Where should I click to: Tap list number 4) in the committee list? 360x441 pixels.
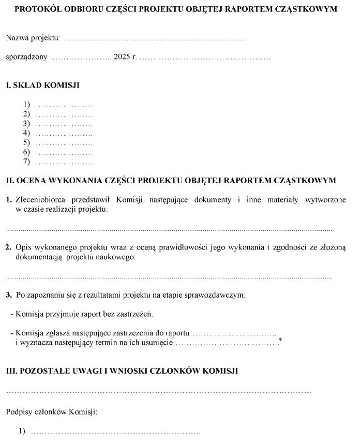tap(26, 133)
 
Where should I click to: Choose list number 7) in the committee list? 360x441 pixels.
tap(26, 162)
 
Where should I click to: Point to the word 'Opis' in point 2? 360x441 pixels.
tap(23, 248)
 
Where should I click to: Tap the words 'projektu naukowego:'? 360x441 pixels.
tap(100, 257)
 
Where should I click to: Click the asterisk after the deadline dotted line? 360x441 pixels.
tap(280, 340)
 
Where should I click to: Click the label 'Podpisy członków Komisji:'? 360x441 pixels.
tap(51, 412)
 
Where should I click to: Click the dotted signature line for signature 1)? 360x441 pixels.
tap(116, 432)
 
